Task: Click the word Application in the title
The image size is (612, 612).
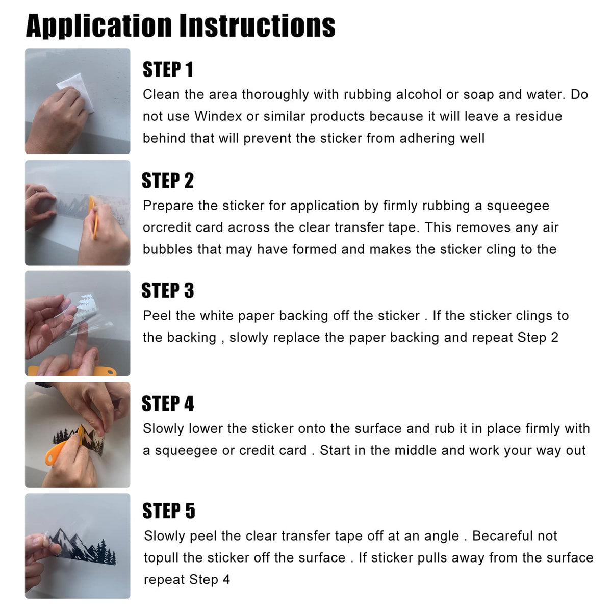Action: tap(99, 26)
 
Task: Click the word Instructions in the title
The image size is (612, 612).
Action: tap(258, 25)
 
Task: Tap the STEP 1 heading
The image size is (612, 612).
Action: tap(168, 69)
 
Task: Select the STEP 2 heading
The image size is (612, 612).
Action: tap(168, 181)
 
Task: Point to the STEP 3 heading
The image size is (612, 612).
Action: tap(168, 291)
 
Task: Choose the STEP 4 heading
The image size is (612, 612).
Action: tap(168, 403)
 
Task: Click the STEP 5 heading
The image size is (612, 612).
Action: tap(169, 511)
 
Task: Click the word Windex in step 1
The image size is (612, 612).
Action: tap(218, 116)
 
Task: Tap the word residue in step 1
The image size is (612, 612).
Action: tap(539, 116)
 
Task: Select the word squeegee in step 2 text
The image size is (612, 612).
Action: tap(518, 207)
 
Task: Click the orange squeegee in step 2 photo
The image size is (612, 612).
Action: tap(93, 217)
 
